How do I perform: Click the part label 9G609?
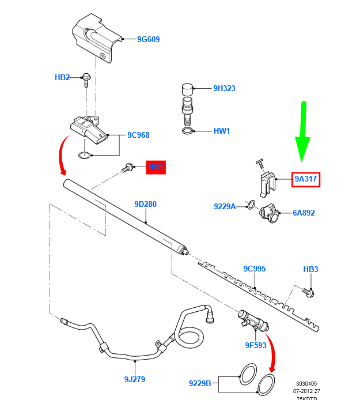(x=148, y=40)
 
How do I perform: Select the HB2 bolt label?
(x=62, y=77)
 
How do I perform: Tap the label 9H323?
(x=224, y=89)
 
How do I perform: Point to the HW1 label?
(x=222, y=131)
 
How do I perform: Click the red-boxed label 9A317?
(x=305, y=179)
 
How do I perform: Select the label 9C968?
(x=138, y=135)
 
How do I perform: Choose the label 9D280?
(x=145, y=204)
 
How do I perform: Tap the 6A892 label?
(x=304, y=213)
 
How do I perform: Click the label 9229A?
(x=225, y=206)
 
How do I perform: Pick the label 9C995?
(x=254, y=269)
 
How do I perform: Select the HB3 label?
(x=310, y=269)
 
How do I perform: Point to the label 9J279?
(x=135, y=379)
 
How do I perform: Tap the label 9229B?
(x=200, y=383)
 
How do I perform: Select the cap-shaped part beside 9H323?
(x=188, y=89)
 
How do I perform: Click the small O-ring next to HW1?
(x=188, y=132)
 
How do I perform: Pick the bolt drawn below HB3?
(x=309, y=293)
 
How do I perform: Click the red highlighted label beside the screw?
(x=156, y=167)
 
